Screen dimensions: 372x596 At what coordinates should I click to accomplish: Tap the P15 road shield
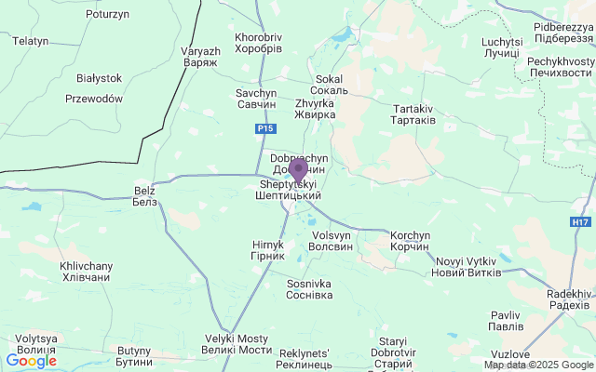pos(266,128)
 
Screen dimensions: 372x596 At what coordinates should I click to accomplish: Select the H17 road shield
pos(581,222)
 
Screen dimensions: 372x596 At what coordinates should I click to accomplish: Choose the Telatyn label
pos(30,41)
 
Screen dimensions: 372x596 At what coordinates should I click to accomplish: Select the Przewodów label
pos(94,99)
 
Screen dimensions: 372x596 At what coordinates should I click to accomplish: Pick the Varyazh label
pos(199,56)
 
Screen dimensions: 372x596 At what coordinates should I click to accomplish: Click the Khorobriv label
pos(259,43)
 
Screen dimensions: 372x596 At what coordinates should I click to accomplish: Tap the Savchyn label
pos(256,100)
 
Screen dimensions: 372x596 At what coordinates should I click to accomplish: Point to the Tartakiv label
pos(413,115)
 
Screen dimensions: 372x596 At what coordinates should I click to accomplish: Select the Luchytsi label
pos(502,47)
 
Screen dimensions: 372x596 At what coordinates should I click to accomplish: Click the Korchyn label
pos(411,241)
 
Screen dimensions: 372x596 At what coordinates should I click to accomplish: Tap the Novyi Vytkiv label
pos(467,266)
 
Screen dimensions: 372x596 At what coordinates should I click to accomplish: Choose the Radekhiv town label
pos(569,299)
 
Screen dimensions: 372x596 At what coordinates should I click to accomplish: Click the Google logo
pos(31,361)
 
